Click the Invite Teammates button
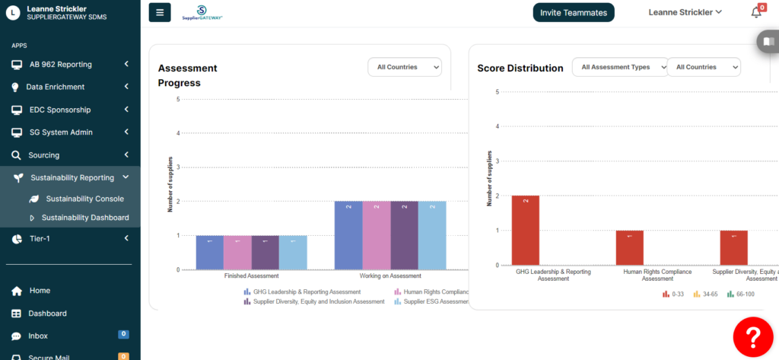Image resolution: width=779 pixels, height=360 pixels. coord(573,12)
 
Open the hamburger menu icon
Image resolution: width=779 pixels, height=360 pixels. coord(160,12)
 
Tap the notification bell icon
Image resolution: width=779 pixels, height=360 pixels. coord(755,12)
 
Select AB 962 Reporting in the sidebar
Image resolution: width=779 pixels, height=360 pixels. coord(61,64)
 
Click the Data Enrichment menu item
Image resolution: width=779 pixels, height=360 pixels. coord(55,87)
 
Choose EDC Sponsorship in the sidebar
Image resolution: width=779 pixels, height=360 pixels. coord(59,110)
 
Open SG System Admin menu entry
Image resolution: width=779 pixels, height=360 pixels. coord(61,132)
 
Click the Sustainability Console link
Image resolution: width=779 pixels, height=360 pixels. coord(84,199)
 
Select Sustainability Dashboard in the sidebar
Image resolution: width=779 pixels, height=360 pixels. coord(84,218)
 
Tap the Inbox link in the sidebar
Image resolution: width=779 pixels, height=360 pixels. coord(38,336)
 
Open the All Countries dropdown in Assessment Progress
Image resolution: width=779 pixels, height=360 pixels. coord(404,67)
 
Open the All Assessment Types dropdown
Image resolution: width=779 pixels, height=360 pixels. coord(620,67)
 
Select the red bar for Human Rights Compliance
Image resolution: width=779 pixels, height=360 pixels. coord(629,247)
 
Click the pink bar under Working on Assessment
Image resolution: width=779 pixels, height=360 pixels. coord(377,235)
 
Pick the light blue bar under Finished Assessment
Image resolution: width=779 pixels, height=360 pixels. coord(293,252)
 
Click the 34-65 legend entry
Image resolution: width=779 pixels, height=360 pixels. coord(707,294)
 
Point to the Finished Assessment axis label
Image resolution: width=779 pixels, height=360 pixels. coord(251,276)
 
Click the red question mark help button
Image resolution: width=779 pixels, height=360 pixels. coord(753,335)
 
